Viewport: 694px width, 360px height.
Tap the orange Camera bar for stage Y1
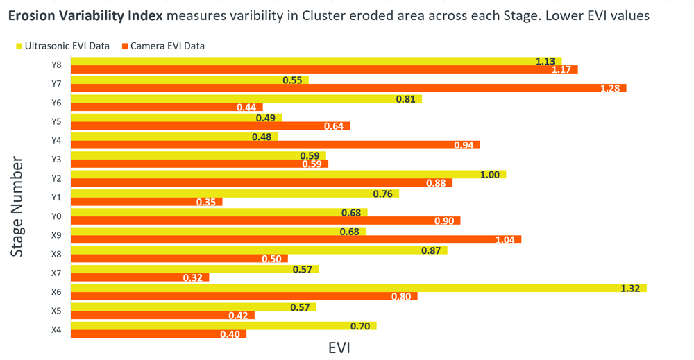[146, 202]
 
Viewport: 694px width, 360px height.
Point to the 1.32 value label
[630, 288]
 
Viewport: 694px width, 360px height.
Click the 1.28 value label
[611, 89]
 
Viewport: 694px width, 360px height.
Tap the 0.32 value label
[192, 277]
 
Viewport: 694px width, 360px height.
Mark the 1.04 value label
[505, 240]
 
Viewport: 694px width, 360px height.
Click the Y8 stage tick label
[56, 65]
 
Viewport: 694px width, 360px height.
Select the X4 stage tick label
[56, 329]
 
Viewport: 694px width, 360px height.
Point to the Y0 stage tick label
[56, 216]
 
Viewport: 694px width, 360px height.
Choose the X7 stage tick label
[56, 273]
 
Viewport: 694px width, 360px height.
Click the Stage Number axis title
[18, 207]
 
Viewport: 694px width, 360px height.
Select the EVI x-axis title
[339, 348]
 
